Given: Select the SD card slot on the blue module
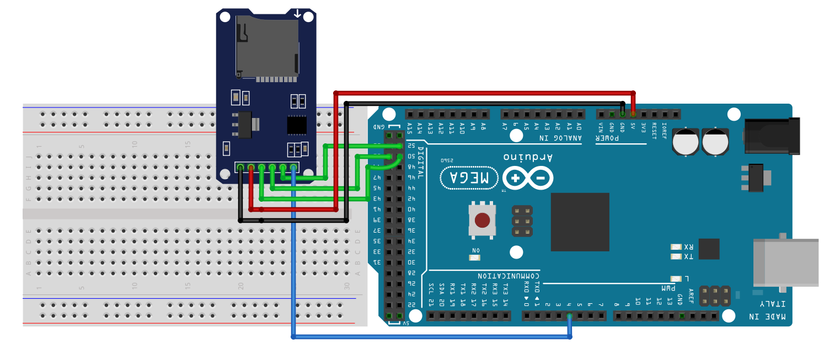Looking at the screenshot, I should (x=267, y=47).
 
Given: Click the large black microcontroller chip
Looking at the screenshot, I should (x=580, y=222).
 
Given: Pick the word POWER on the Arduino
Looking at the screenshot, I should (x=608, y=138).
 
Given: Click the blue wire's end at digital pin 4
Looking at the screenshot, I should (x=569, y=316).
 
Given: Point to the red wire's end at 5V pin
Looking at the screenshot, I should (x=633, y=114).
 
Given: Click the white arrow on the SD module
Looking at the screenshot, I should (x=298, y=13).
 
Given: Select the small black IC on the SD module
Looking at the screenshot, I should (x=297, y=125).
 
